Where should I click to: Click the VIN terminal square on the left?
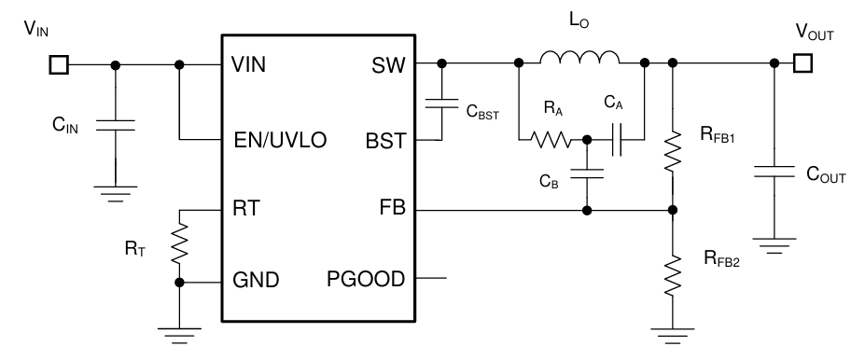(x=58, y=65)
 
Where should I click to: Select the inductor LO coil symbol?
(x=579, y=60)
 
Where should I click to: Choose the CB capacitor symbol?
(x=586, y=173)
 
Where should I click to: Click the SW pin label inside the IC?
(x=387, y=65)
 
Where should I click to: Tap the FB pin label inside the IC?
(x=390, y=211)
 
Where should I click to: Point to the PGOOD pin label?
(x=368, y=278)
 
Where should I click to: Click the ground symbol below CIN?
(x=115, y=193)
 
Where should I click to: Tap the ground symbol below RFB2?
(x=672, y=331)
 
